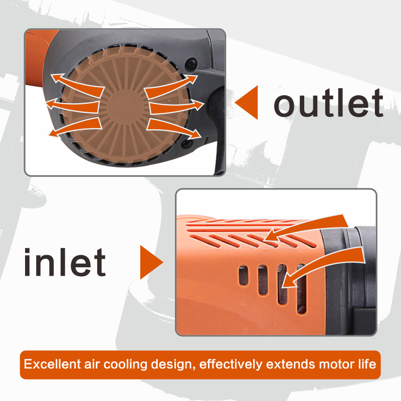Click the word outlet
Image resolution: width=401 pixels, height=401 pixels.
(x=328, y=103)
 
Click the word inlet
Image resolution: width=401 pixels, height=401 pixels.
(x=65, y=262)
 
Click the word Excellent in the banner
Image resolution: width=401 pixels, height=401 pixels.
(x=53, y=364)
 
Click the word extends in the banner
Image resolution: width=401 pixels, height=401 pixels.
(x=291, y=364)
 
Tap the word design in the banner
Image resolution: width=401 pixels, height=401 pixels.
(x=171, y=365)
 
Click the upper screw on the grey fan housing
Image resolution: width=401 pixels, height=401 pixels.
(x=191, y=63)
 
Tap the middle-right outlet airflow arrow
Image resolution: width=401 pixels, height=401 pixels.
(x=176, y=107)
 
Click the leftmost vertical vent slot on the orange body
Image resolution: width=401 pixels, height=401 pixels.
(x=244, y=275)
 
